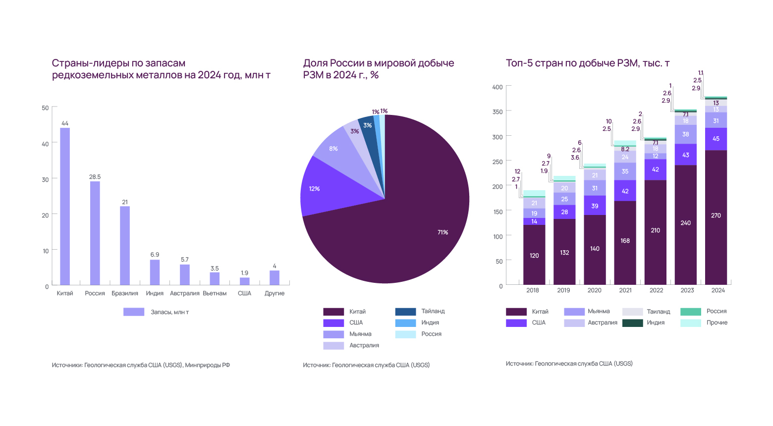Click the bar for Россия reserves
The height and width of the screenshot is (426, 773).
[x=95, y=233]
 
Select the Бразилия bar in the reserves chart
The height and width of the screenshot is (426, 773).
[x=125, y=245]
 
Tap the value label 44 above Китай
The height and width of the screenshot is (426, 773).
[x=65, y=123]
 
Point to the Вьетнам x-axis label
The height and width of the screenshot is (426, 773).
[x=215, y=293]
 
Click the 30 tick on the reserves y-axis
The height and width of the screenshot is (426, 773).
[x=46, y=179]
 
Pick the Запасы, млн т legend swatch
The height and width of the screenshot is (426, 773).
[x=134, y=312]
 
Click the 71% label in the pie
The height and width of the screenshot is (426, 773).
[x=442, y=232]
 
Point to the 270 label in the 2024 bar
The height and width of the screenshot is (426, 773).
[x=716, y=215]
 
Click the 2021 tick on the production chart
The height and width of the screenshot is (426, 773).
[x=625, y=290]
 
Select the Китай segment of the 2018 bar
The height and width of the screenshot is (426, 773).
[x=534, y=255]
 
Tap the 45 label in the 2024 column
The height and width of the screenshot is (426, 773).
[x=716, y=139]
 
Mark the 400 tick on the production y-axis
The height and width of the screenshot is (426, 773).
[x=497, y=87]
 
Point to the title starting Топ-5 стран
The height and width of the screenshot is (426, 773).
[x=588, y=63]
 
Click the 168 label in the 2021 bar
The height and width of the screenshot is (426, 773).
[x=625, y=241]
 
